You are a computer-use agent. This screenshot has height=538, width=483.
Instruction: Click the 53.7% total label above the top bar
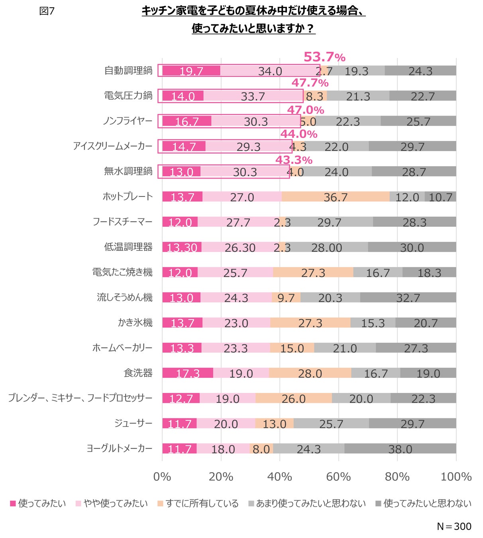tap(324, 57)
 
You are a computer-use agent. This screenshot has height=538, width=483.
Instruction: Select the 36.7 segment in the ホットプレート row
tap(336, 197)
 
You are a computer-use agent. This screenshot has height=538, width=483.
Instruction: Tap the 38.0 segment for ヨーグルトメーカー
tap(400, 449)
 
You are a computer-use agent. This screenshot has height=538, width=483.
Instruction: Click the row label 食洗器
tap(138, 373)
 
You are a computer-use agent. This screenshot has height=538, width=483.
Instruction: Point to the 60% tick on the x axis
tap(338, 477)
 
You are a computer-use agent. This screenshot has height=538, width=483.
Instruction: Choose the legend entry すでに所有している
tap(198, 503)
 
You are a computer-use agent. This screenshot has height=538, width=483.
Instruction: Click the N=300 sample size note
tap(454, 526)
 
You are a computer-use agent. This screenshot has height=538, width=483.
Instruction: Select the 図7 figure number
tap(47, 11)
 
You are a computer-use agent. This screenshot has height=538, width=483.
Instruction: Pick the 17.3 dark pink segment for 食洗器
tap(188, 373)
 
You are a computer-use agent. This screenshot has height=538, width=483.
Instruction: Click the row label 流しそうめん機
tap(125, 297)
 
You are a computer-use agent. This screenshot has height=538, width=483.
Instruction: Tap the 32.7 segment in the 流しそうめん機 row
tap(408, 298)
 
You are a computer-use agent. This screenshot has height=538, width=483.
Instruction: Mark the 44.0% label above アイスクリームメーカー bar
tap(299, 134)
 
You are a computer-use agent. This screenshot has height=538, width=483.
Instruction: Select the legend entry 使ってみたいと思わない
tap(423, 503)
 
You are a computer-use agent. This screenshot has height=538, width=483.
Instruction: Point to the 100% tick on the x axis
tap(456, 477)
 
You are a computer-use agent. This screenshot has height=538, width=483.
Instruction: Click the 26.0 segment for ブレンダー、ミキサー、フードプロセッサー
tap(294, 399)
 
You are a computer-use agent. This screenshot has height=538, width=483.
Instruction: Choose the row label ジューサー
tap(133, 423)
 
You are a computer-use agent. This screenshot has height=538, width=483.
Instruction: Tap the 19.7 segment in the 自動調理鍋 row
tap(191, 71)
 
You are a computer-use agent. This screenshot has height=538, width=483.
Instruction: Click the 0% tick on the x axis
tap(162, 477)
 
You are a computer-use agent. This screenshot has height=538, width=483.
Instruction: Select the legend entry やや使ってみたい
tap(112, 503)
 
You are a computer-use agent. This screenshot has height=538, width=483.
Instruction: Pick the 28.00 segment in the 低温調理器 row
tap(326, 247)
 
